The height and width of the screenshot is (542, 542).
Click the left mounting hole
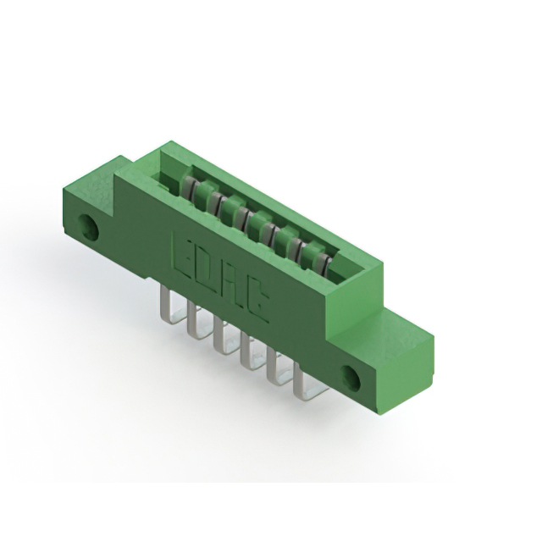pyautogui.click(x=86, y=226)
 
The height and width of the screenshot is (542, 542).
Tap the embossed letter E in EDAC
pyautogui.click(x=185, y=253)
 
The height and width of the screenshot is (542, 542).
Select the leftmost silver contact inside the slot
pyautogui.click(x=194, y=189)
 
